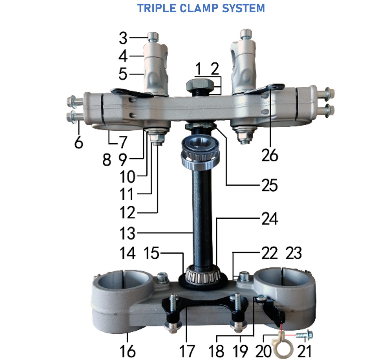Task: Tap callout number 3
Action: pos(123,39)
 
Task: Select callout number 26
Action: pos(270,155)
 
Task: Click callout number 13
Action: pos(127,233)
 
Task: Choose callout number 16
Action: pos(128,351)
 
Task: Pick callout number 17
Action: pos(187,351)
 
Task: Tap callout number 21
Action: pos(304,351)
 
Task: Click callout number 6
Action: pos(78,142)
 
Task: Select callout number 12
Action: pos(127,213)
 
